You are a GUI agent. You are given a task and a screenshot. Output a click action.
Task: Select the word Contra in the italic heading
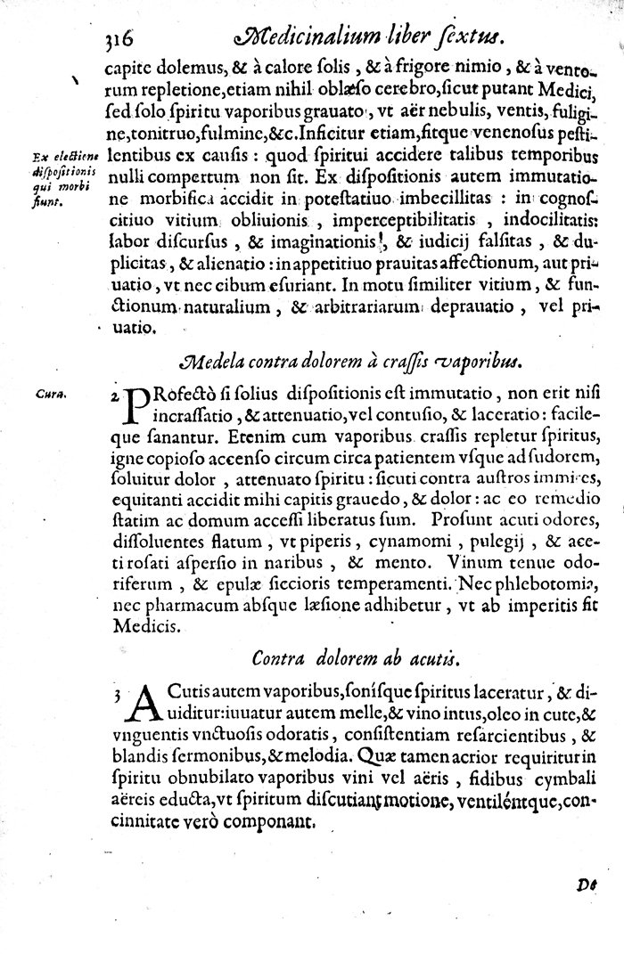(x=279, y=658)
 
